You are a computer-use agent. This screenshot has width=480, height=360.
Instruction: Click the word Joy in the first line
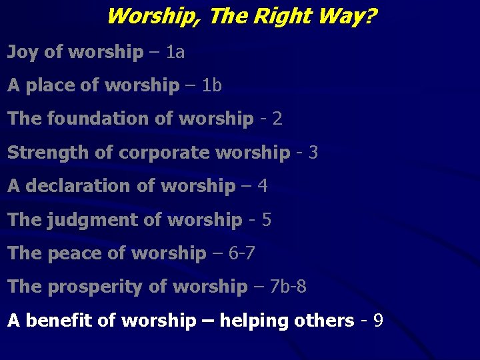pos(23,52)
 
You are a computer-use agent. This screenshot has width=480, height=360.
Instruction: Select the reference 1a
pos(175,51)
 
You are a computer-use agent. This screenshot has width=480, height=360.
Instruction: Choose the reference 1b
pos(211,85)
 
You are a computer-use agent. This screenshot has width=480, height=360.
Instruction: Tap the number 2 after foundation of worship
pos(277,119)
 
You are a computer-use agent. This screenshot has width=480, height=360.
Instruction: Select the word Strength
pos(49,152)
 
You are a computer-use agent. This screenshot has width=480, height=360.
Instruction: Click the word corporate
pos(153,153)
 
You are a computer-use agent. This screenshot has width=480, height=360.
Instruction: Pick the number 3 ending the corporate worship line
pos(313,152)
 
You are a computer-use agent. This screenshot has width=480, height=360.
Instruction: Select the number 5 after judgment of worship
pos(266,219)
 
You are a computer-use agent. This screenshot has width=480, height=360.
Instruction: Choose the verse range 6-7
pos(241,253)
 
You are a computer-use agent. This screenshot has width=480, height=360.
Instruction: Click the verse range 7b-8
pos(288,287)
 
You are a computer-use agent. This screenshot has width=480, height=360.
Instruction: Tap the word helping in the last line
pos(251,321)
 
